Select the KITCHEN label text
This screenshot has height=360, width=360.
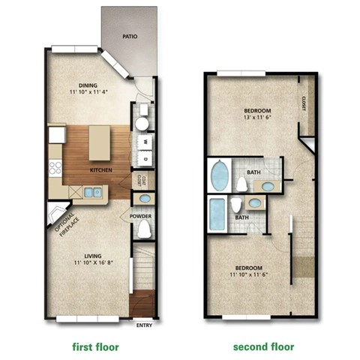pyautogui.click(x=101, y=170)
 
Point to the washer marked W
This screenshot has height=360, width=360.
pyautogui.click(x=144, y=140)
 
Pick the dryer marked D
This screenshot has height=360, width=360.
pyautogui.click(x=144, y=158)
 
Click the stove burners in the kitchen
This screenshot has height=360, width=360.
pyautogui.click(x=55, y=168)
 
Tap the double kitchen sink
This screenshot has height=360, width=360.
pyautogui.click(x=93, y=193)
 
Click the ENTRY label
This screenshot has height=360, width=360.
pyautogui.click(x=144, y=325)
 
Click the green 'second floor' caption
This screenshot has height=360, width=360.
pyautogui.click(x=263, y=346)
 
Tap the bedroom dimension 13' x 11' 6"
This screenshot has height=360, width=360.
pyautogui.click(x=256, y=117)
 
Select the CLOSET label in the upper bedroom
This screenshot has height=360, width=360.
pyautogui.click(x=304, y=103)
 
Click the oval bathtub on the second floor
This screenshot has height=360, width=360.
pyautogui.click(x=220, y=176)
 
